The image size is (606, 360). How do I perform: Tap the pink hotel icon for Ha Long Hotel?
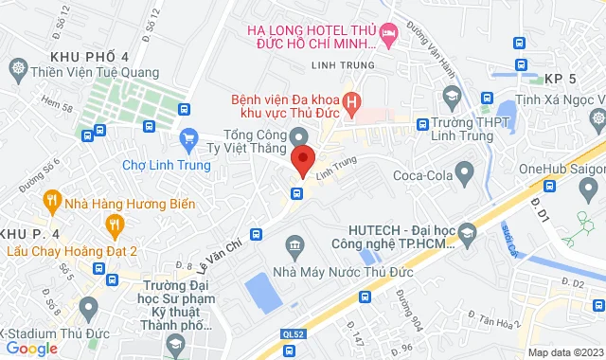point(387,34)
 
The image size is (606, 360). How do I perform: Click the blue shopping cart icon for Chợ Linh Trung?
point(187,139)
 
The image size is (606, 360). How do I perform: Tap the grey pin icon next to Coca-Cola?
point(464,171)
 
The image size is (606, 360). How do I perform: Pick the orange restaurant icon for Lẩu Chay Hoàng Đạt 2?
point(115,225)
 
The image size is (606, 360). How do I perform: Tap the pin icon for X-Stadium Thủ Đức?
point(88,308)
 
